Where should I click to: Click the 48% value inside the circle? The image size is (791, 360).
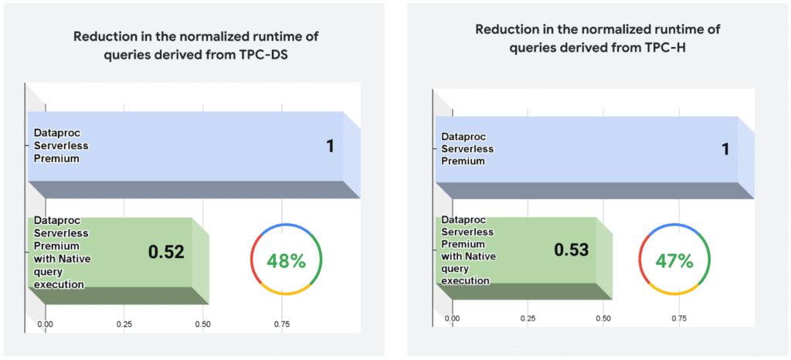[287, 260]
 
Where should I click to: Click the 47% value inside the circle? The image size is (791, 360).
[674, 260]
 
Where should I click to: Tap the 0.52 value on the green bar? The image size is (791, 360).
[166, 252]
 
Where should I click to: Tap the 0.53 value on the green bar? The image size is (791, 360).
[571, 250]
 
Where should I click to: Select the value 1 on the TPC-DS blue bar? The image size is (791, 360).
[330, 146]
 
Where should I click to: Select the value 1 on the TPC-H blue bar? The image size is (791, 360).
[725, 148]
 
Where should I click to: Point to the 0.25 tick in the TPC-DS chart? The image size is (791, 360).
[124, 325]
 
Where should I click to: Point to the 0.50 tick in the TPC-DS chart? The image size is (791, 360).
[203, 325]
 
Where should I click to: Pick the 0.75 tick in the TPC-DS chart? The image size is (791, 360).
[282, 325]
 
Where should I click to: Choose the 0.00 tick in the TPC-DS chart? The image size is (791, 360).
[46, 325]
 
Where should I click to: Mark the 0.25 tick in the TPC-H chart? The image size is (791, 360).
[528, 318]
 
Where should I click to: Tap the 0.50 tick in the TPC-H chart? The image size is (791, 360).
[603, 318]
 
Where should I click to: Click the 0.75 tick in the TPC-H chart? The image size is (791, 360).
[679, 318]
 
